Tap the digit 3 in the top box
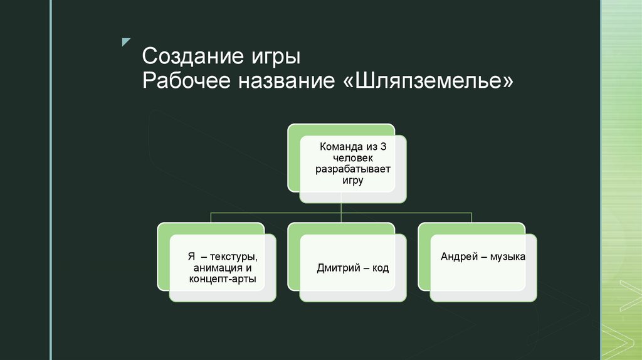pyautogui.click(x=384, y=147)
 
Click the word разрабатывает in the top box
pyautogui.click(x=353, y=169)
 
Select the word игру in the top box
pyautogui.click(x=353, y=181)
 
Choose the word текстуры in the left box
pyautogui.click(x=233, y=257)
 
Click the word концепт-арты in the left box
pyautogui.click(x=223, y=280)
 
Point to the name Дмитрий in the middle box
pyautogui.click(x=339, y=268)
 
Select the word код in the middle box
pyautogui.click(x=379, y=268)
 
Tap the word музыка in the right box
pyautogui.click(x=507, y=257)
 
